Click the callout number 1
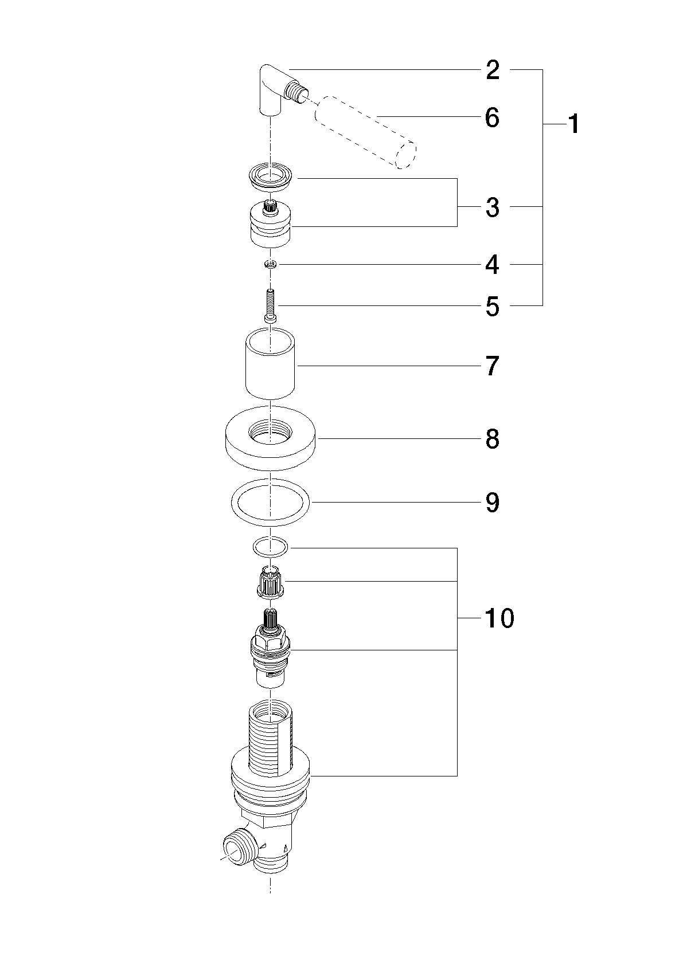point(573,124)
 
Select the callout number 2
point(493,70)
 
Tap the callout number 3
point(493,207)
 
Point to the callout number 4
point(493,265)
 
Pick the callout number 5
point(493,307)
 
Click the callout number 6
point(493,117)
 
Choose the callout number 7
point(493,366)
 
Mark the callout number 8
point(493,439)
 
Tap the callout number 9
point(493,503)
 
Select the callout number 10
point(499,618)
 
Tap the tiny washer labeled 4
point(271,265)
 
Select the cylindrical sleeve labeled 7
point(270,362)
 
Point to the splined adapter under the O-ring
point(270,583)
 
